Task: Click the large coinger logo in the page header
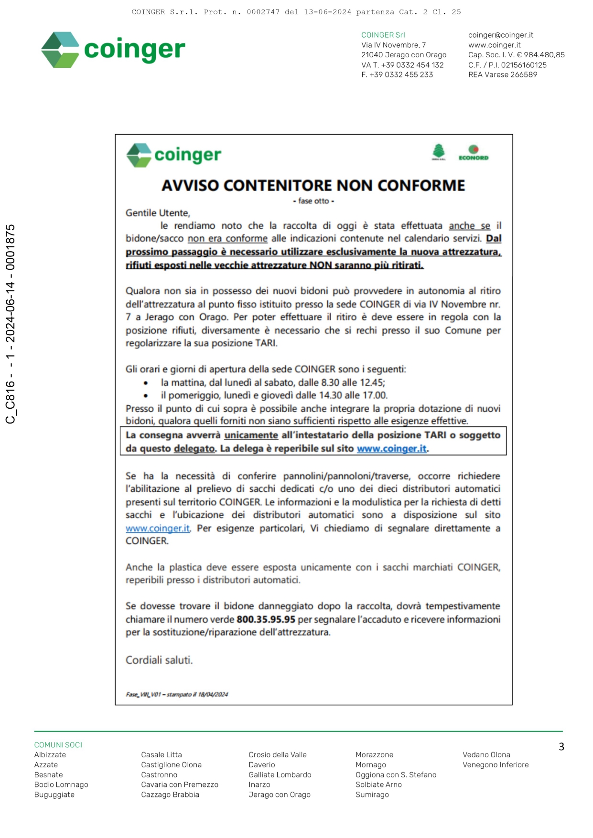113,50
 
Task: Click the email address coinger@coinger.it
500,35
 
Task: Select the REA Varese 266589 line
502,74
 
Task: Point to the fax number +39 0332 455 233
397,74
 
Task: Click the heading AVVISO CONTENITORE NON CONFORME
313,185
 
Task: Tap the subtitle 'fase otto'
313,201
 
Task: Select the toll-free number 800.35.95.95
266,619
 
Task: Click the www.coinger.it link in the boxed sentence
391,448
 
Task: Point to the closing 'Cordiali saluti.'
159,660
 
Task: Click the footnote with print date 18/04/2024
177,694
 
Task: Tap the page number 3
561,746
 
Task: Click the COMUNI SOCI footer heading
58,745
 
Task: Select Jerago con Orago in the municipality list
280,795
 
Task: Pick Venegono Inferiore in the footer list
496,764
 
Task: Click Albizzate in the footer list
50,754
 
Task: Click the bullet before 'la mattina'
146,382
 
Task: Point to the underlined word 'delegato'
194,448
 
